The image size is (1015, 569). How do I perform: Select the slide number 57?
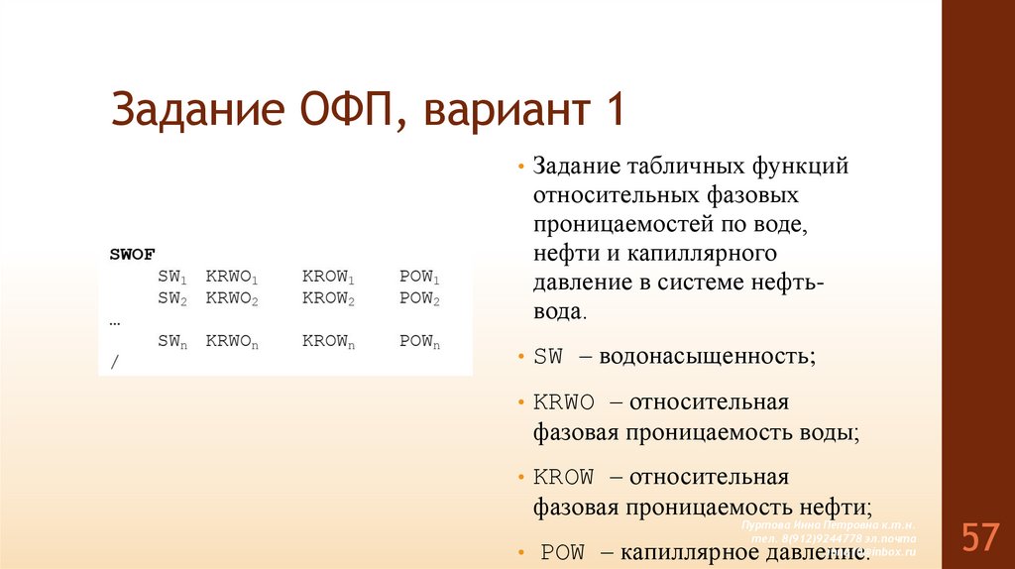pyautogui.click(x=978, y=537)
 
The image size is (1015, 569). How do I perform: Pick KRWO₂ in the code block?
pyautogui.click(x=232, y=298)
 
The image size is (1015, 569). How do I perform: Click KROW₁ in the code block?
pyautogui.click(x=328, y=277)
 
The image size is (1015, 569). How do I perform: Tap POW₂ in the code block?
pyautogui.click(x=419, y=298)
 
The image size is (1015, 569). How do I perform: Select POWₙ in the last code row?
pyautogui.click(x=419, y=342)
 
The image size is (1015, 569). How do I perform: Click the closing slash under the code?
pyautogui.click(x=114, y=364)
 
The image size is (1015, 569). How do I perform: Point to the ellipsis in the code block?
pyautogui.click(x=115, y=320)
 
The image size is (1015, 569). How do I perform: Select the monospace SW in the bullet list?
pyautogui.click(x=548, y=356)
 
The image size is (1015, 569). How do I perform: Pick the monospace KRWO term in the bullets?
pyautogui.click(x=564, y=402)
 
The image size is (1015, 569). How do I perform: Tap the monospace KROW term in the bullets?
pyautogui.click(x=564, y=477)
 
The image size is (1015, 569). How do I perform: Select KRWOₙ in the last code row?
pyautogui.click(x=232, y=342)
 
